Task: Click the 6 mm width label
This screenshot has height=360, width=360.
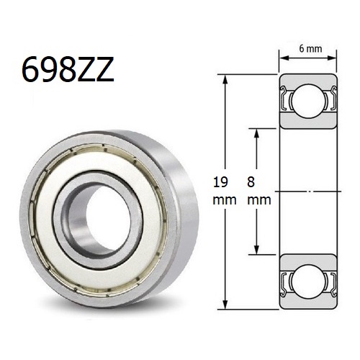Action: click(310, 48)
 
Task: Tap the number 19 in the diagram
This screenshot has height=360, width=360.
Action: click(222, 183)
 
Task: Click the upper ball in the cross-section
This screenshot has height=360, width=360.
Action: click(310, 100)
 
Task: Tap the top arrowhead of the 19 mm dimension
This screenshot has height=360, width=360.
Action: click(228, 77)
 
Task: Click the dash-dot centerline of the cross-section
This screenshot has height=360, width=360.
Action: click(310, 191)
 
